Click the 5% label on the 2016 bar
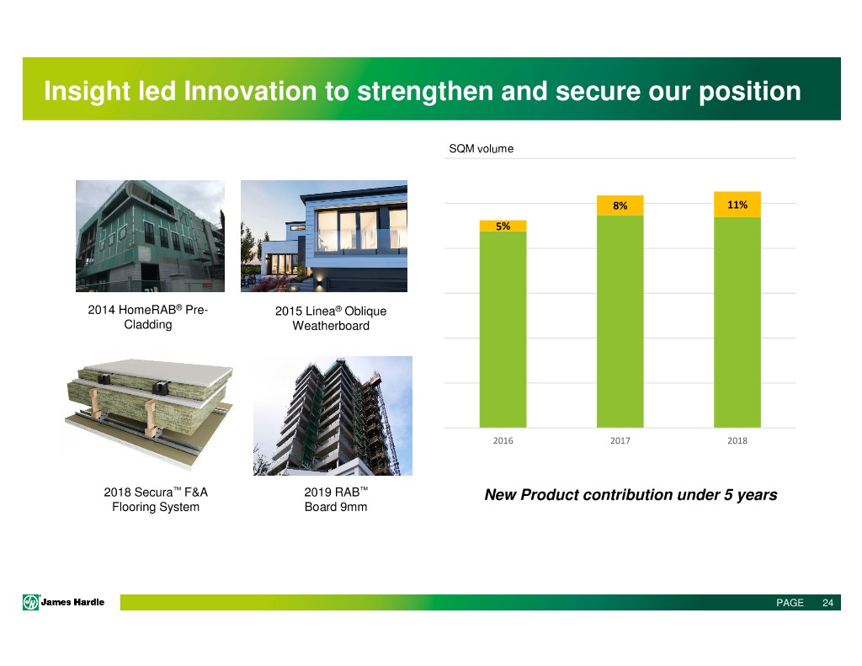tap(503, 226)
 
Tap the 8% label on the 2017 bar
tap(620, 205)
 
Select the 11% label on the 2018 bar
tap(737, 205)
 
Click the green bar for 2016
tap(503, 329)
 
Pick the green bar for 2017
tap(620, 321)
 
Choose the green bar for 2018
tap(737, 322)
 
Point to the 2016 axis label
tap(503, 440)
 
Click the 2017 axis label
tap(620, 440)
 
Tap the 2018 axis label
tap(737, 440)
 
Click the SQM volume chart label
tap(481, 148)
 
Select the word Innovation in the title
tap(250, 91)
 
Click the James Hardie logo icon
tap(31, 602)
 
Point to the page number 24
tap(828, 603)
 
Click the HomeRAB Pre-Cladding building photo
tap(150, 236)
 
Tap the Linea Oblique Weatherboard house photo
tap(324, 236)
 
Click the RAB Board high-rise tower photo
tap(333, 416)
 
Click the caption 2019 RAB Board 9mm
tap(336, 499)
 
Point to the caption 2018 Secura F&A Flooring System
tap(156, 499)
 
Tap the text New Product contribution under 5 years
tap(631, 495)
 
